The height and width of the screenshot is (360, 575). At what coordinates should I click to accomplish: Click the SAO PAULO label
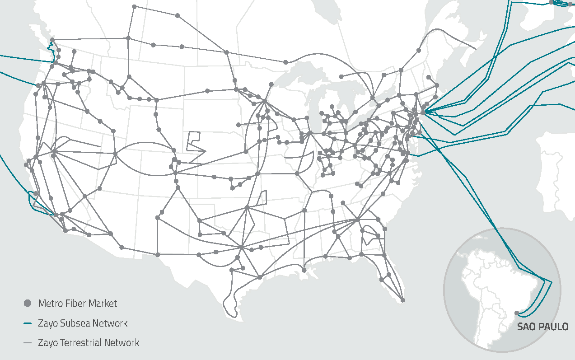pos(542,327)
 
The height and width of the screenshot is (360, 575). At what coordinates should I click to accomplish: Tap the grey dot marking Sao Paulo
pos(517,313)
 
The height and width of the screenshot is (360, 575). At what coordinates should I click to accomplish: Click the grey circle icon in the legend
pos(28,303)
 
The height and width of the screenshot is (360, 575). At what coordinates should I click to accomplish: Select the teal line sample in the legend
pos(28,323)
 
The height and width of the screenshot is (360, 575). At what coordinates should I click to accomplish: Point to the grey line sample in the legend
pos(28,343)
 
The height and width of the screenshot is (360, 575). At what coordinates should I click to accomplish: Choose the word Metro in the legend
pos(50,303)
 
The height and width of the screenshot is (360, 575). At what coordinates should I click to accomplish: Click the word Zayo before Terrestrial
pos(48,343)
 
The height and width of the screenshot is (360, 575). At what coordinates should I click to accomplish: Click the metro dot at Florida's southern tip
pos(403,300)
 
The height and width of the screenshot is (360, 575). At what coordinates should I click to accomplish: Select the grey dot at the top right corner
pos(551,2)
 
